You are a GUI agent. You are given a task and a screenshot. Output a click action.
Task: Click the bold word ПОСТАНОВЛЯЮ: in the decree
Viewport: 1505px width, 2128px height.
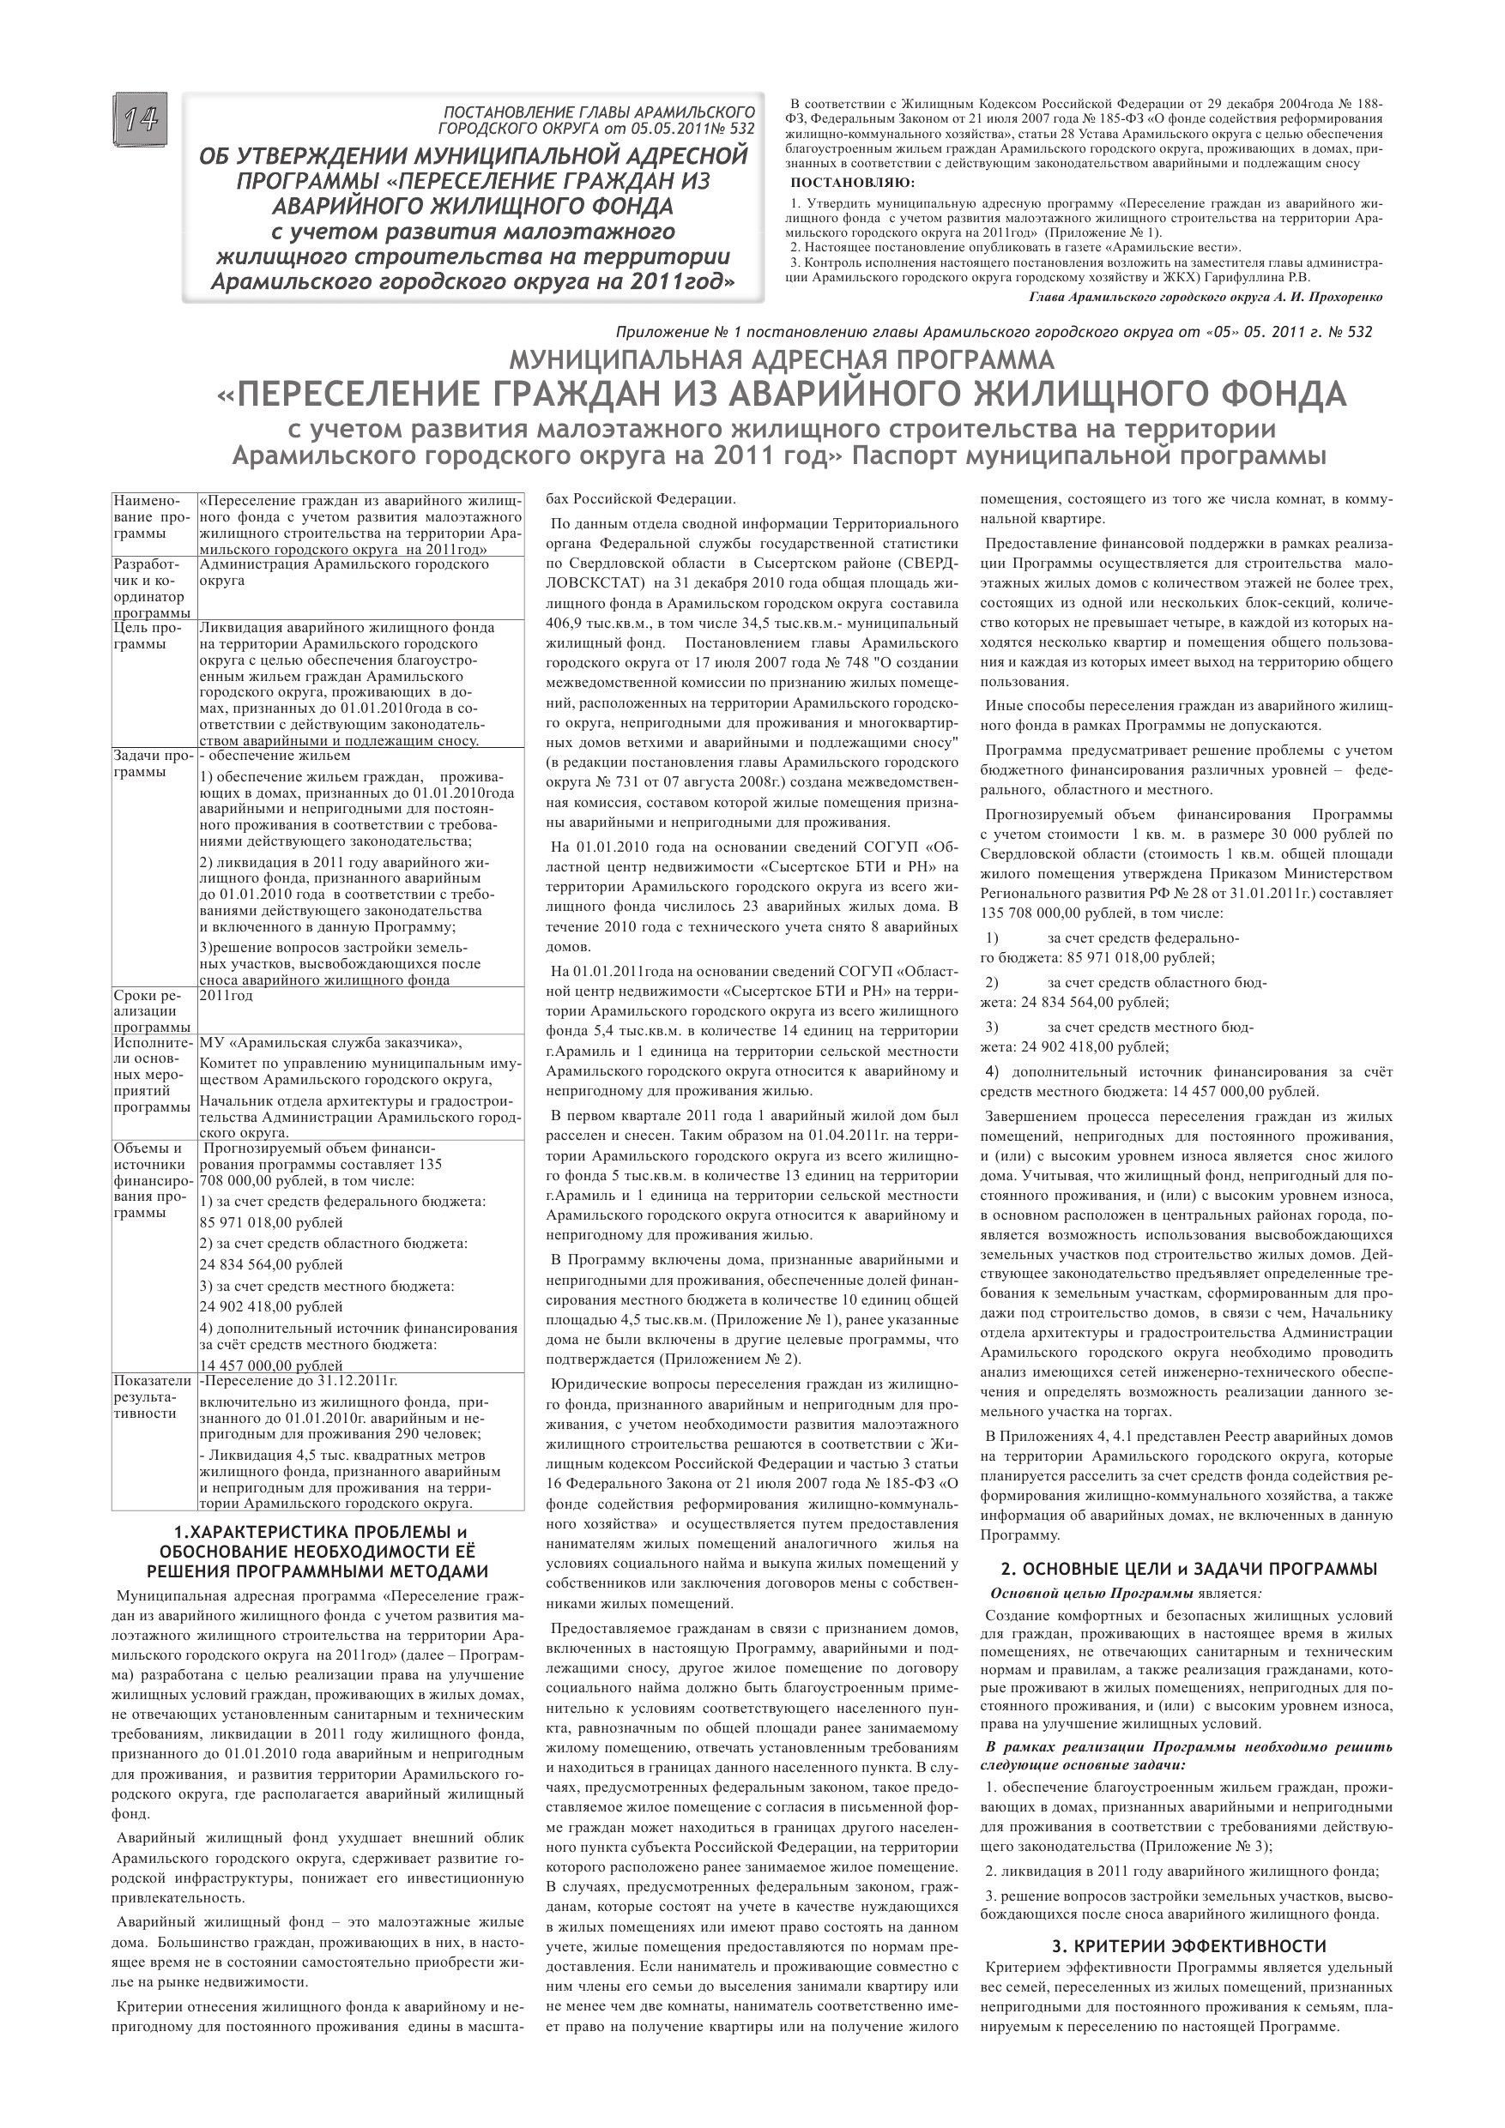(x=852, y=182)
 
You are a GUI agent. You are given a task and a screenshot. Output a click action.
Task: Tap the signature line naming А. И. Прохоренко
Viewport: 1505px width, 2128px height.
(x=1206, y=298)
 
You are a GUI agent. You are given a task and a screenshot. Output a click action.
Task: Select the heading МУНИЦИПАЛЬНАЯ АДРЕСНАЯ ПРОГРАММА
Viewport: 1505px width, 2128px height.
(x=782, y=359)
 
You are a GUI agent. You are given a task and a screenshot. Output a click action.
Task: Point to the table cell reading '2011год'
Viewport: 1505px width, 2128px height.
(x=227, y=996)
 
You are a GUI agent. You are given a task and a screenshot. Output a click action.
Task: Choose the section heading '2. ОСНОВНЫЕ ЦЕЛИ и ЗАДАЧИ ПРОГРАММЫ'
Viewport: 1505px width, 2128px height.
(x=1188, y=1569)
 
